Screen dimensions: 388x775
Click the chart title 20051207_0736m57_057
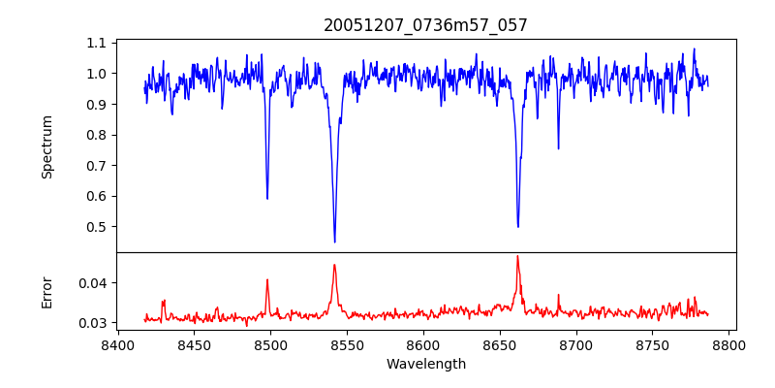point(425,25)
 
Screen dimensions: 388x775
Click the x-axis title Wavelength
point(425,365)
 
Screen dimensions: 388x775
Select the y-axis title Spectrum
point(47,146)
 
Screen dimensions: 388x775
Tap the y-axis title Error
point(47,292)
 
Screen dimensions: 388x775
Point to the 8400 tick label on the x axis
point(117,343)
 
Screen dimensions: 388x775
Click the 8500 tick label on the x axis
point(270,343)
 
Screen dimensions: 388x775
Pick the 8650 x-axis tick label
point(500,343)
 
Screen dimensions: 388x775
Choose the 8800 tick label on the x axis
point(729,343)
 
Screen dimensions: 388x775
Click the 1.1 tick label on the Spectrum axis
point(96,43)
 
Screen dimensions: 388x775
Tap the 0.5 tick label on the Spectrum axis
point(96,227)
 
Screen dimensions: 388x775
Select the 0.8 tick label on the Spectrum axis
point(96,135)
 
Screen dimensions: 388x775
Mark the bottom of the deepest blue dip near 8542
point(334,242)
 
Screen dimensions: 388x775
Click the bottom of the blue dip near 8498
point(267,199)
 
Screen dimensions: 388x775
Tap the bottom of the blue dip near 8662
point(518,227)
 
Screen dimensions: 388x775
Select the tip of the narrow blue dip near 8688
point(558,148)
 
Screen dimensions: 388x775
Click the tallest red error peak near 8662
point(517,256)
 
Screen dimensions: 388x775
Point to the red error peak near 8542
point(334,265)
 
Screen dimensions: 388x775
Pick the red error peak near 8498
point(267,280)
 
